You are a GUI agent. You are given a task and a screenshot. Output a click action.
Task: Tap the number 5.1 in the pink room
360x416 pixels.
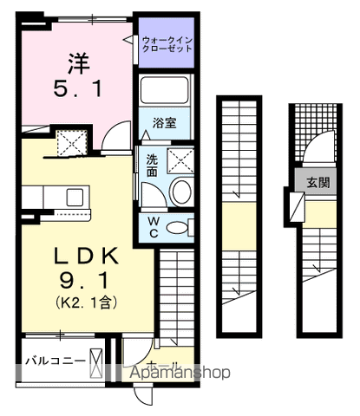pyautogui.click(x=76, y=88)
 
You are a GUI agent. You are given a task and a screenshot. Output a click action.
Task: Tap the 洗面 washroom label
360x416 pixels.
pyautogui.click(x=152, y=165)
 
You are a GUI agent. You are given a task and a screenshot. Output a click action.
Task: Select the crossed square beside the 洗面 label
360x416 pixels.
pyautogui.click(x=180, y=158)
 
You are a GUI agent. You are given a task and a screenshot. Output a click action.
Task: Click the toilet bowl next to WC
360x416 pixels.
pyautogui.click(x=179, y=228)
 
